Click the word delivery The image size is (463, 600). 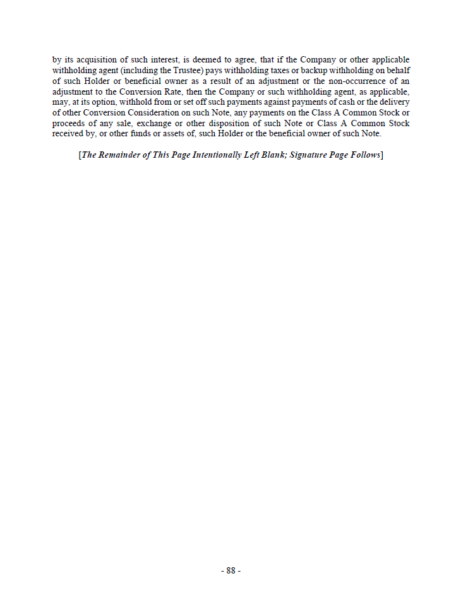pyautogui.click(x=394, y=102)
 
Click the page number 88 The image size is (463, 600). pyautogui.click(x=231, y=570)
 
